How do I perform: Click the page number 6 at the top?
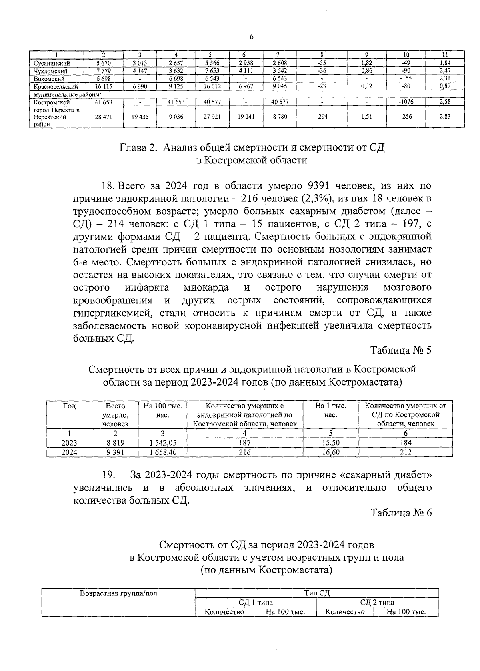click(251, 37)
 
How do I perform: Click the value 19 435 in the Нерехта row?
click(140, 117)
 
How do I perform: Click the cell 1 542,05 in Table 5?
click(162, 443)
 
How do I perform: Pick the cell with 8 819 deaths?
click(115, 443)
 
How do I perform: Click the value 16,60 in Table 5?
click(330, 452)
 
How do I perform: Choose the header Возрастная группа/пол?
click(119, 593)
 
